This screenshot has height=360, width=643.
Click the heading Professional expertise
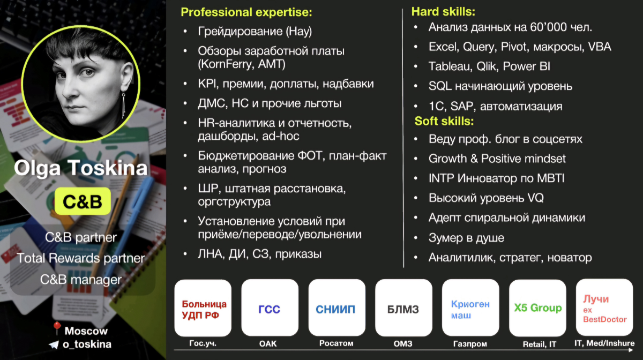pyautogui.click(x=246, y=12)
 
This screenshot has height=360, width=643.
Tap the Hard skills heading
pyautogui.click(x=443, y=11)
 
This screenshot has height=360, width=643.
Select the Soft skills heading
pyautogui.click(x=444, y=121)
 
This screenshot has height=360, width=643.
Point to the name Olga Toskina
pyautogui.click(x=80, y=169)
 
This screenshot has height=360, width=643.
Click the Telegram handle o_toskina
pyautogui.click(x=87, y=344)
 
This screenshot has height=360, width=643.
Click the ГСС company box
pyautogui.click(x=270, y=309)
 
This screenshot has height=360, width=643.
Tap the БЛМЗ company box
pyautogui.click(x=403, y=309)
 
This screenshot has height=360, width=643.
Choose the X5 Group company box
pyautogui.click(x=537, y=308)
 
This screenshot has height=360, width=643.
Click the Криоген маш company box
pyautogui.click(x=470, y=309)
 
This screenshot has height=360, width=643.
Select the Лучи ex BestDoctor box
pyautogui.click(x=604, y=309)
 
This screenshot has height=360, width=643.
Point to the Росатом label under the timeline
pyautogui.click(x=336, y=343)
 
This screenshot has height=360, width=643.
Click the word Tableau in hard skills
pyautogui.click(x=447, y=66)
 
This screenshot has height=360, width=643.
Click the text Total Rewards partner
pyautogui.click(x=81, y=258)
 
